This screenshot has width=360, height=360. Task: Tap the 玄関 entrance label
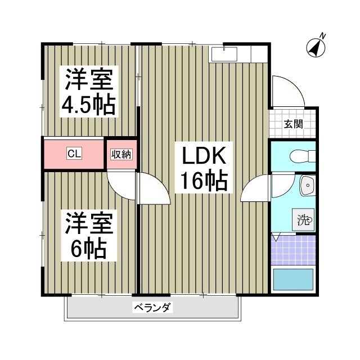[x=292, y=124]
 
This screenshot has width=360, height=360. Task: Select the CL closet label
[x=74, y=154]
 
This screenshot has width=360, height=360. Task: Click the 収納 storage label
[x=121, y=154]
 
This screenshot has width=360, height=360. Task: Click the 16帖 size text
[x=203, y=181]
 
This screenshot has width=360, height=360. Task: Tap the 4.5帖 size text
[x=90, y=105]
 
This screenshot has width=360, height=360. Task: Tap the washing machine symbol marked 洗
[x=304, y=220]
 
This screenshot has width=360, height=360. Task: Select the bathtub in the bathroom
[x=292, y=280]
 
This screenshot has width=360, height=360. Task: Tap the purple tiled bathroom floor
[x=292, y=250]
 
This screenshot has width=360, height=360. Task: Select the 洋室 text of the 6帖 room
[x=90, y=223]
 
